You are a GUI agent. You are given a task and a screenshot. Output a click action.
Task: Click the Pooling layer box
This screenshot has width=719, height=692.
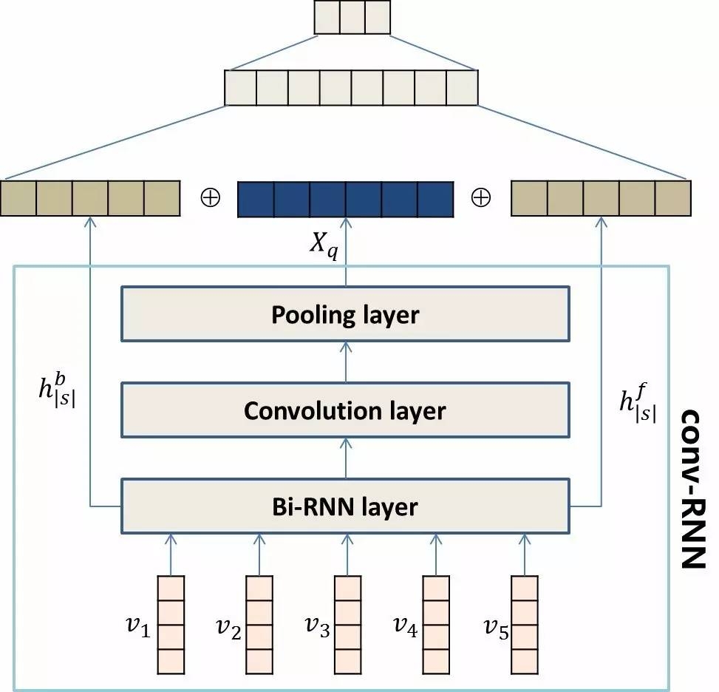point(345,314)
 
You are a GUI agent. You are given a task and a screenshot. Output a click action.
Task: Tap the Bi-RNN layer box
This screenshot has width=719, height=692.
point(345,506)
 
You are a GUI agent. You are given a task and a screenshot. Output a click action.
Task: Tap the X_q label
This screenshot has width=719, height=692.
point(323,249)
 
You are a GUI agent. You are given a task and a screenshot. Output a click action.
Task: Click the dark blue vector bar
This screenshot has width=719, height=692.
point(344,199)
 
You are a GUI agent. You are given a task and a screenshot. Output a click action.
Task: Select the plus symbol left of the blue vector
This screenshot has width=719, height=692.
point(209,198)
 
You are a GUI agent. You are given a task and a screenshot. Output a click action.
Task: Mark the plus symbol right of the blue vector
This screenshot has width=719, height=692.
point(480,198)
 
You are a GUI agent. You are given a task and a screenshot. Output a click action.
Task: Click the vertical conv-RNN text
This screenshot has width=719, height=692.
point(692,487)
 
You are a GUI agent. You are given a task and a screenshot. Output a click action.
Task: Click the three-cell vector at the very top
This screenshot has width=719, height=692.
point(352,17)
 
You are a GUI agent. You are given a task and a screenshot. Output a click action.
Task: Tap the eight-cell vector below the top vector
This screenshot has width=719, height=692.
point(352,88)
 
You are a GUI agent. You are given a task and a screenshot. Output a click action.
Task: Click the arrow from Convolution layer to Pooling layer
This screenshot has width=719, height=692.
point(345,362)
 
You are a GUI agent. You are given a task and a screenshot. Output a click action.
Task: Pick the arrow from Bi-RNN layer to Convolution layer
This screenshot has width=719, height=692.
point(345,457)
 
